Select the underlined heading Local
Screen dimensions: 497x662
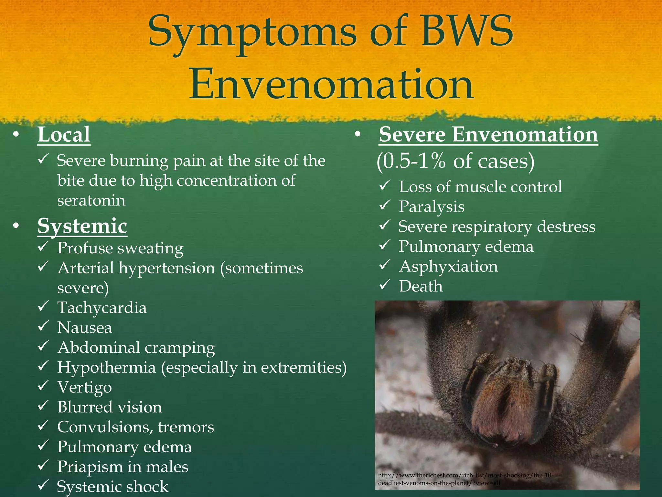64,135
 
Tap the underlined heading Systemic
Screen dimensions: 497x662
82,226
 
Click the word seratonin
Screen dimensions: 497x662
91,200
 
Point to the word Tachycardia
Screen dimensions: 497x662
102,308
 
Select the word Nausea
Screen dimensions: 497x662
85,327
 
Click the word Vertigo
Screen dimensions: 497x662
85,387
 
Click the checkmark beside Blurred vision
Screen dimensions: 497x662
43,406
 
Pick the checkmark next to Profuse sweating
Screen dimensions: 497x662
43,247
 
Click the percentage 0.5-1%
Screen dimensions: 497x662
413,161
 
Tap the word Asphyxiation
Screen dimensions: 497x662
449,267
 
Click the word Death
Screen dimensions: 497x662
421,286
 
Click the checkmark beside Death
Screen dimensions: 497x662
385,285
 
